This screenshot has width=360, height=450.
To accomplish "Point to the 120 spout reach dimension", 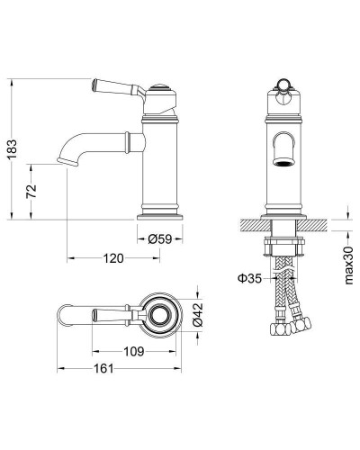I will pyautogui.click(x=112, y=258).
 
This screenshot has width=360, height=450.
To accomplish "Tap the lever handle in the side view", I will pyautogui.click(x=109, y=87).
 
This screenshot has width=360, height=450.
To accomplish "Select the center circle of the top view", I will pyautogui.click(x=163, y=314).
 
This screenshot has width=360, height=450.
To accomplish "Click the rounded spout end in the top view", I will pyautogui.click(x=64, y=314).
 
